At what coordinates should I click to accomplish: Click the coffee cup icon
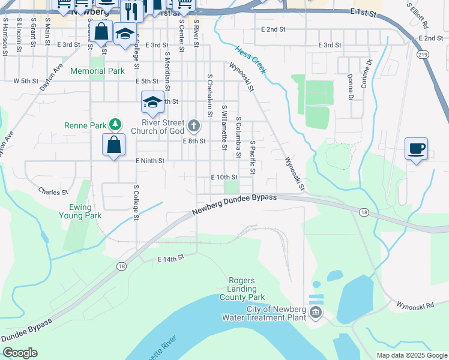(417, 148)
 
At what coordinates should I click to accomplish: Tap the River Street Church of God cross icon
(193, 125)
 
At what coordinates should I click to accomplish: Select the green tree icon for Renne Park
(114, 125)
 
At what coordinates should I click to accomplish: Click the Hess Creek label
(251, 60)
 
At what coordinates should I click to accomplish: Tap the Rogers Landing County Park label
(246, 289)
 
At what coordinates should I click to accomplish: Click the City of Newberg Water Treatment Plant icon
(316, 313)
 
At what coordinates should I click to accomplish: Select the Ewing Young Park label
(80, 211)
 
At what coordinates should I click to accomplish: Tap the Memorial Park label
(97, 71)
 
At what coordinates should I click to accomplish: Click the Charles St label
(53, 192)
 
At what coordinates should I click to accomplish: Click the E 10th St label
(224, 177)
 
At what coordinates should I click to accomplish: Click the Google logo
(20, 353)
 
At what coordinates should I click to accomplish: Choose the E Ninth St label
(149, 161)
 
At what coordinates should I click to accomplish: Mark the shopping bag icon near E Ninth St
(114, 145)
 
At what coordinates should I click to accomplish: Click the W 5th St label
(25, 80)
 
